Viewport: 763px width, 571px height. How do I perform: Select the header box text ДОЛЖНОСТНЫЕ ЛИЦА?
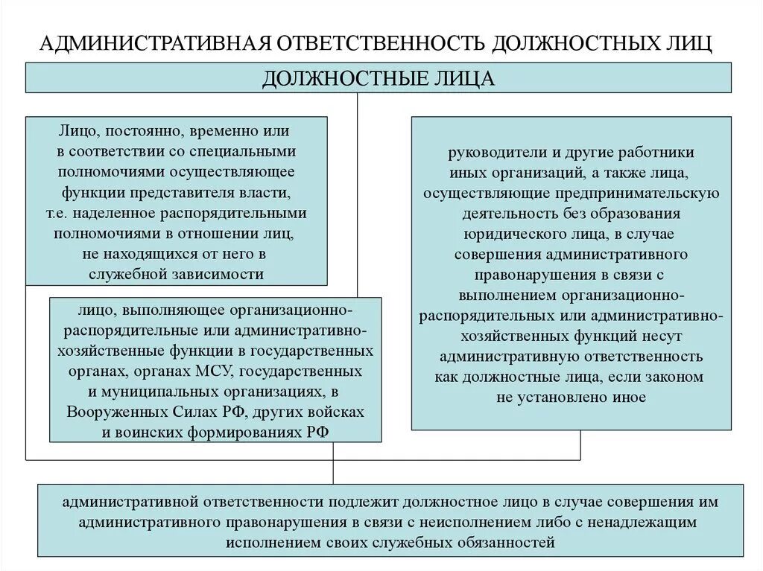coord(379,78)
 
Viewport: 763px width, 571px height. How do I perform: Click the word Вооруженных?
coord(113,412)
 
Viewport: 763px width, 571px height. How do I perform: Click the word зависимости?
coord(215,273)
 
